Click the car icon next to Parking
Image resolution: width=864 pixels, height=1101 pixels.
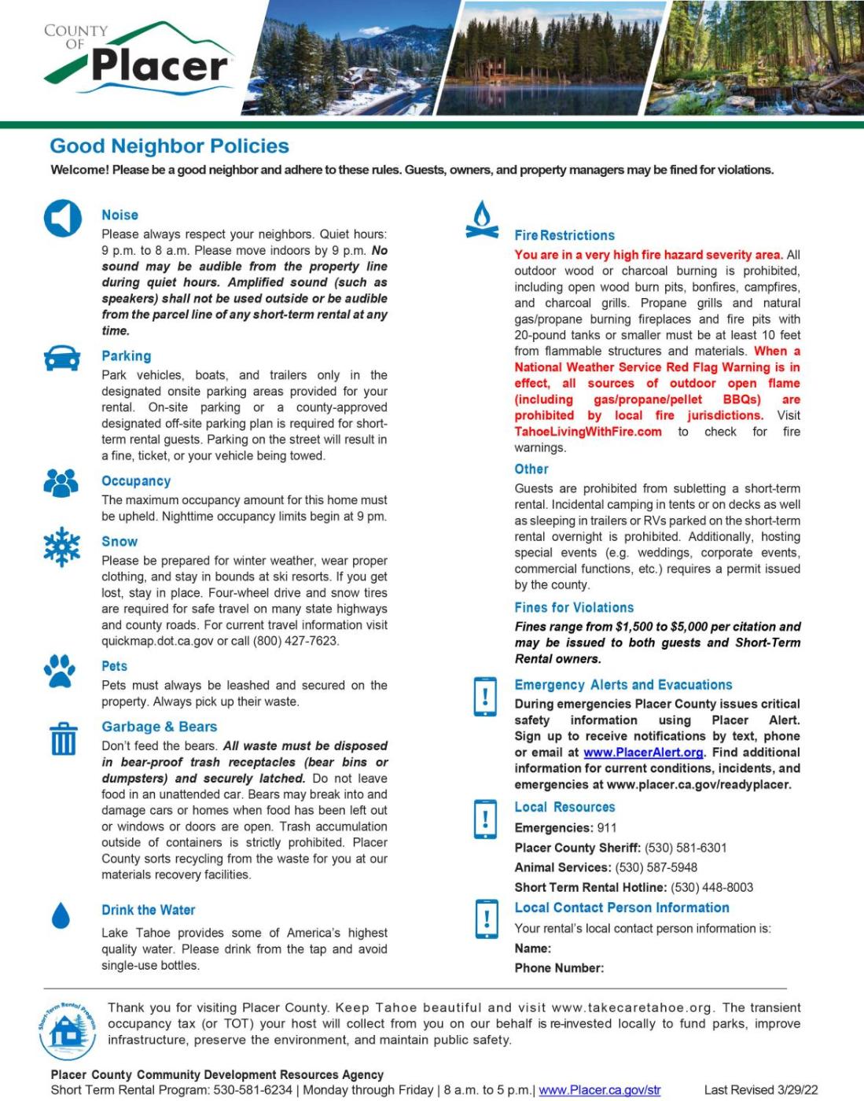(62, 358)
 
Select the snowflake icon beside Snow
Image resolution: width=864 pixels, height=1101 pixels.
(62, 547)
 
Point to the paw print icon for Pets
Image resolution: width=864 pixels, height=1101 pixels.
(61, 670)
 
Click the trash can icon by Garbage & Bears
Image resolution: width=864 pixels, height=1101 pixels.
(63, 739)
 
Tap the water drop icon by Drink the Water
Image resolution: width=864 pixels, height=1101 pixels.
(61, 915)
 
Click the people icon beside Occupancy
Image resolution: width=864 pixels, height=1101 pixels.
(61, 482)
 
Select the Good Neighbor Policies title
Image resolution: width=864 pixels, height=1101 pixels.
(169, 146)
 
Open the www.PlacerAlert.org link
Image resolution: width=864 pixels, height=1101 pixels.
(643, 753)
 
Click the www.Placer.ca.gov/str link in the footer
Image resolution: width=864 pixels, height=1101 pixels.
(599, 1090)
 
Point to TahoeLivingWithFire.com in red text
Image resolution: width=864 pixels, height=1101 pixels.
(588, 432)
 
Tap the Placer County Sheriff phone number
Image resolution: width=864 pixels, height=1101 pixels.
(686, 848)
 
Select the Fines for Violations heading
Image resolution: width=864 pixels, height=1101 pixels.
(574, 608)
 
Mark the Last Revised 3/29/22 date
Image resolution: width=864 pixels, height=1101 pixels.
(760, 1090)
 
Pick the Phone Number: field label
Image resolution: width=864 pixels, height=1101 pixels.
(559, 968)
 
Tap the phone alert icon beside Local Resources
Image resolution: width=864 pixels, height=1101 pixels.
(485, 819)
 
